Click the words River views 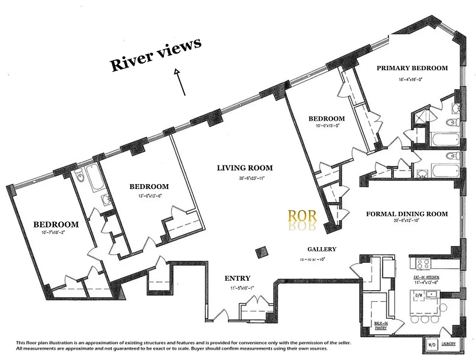[x=156, y=55]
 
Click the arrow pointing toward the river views [x=180, y=82]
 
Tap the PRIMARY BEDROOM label [x=412, y=68]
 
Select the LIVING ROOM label [x=245, y=168]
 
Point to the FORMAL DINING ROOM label [x=407, y=214]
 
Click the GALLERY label [x=322, y=249]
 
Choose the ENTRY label [x=237, y=278]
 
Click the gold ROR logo [x=302, y=216]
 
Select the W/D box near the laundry [x=431, y=345]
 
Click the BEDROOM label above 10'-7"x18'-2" [x=56, y=224]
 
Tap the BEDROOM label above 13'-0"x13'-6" [x=149, y=186]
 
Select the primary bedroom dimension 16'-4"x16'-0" [x=410, y=79]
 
